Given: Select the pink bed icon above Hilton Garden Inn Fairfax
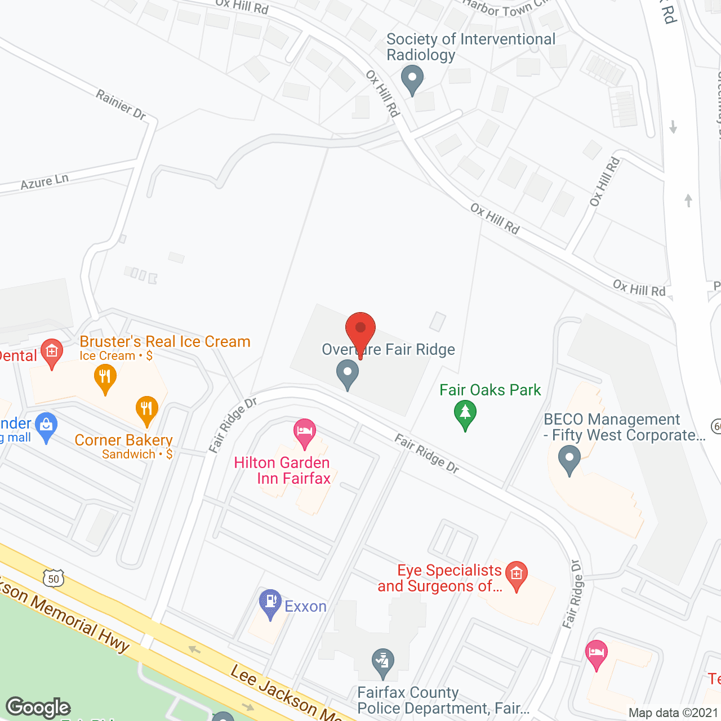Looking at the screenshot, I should coord(304,433).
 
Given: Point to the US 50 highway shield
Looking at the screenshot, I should coord(54,578).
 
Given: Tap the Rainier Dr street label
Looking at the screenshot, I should coord(121,105).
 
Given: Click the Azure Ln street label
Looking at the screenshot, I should coord(44,182).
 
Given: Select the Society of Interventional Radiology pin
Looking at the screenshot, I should coord(412,79).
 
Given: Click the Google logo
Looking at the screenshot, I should coord(38,707).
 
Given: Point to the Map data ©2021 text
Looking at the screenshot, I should coord(674,713).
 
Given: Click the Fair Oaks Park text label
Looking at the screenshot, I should coord(490,390).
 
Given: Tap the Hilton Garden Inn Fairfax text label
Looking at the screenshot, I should coord(282,470).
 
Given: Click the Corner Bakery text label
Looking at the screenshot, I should coord(123,440).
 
